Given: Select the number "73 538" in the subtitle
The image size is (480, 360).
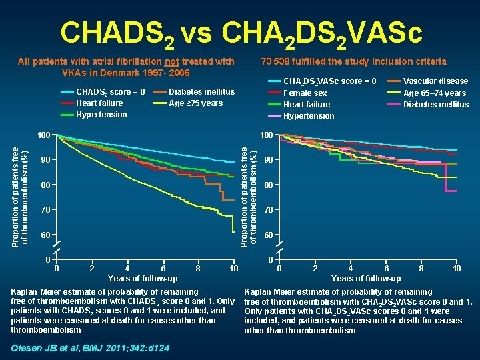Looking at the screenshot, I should pyautogui.click(x=276, y=61).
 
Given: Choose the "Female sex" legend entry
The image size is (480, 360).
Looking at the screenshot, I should pyautogui.click(x=305, y=93).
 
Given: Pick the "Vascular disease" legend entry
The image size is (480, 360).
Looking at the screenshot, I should pyautogui.click(x=436, y=81).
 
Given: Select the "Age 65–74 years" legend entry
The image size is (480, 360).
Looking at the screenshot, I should pyautogui.click(x=435, y=93).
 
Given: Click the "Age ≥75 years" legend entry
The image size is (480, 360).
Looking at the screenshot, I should pyautogui.click(x=196, y=103).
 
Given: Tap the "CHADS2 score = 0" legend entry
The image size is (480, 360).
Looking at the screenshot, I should pyautogui.click(x=111, y=91).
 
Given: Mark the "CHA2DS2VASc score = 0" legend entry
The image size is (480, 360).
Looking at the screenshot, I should pyautogui.click(x=329, y=81).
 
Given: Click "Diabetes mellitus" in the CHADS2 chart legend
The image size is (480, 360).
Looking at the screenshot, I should pyautogui.click(x=201, y=91).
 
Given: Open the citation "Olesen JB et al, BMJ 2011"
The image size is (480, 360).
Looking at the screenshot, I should pyautogui.click(x=90, y=348).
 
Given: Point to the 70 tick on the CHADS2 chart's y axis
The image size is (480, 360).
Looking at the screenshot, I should pyautogui.click(x=45, y=210).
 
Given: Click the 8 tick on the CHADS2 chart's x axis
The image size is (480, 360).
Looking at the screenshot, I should pyautogui.click(x=199, y=268).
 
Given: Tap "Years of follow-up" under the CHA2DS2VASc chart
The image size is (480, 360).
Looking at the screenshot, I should pyautogui.click(x=366, y=279).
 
